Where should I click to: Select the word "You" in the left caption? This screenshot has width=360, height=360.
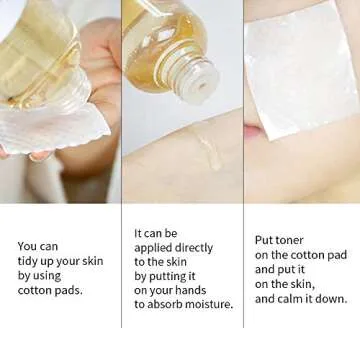point(27,246)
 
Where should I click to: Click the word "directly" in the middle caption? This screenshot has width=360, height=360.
point(194,248)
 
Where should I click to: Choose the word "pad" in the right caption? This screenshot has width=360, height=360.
point(337,255)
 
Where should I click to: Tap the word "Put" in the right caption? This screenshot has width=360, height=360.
point(263,240)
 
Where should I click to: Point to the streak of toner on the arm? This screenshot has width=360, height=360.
point(208,150)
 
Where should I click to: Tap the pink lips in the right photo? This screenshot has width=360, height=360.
point(254,132)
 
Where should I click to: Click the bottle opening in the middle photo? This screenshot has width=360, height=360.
point(202,86)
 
